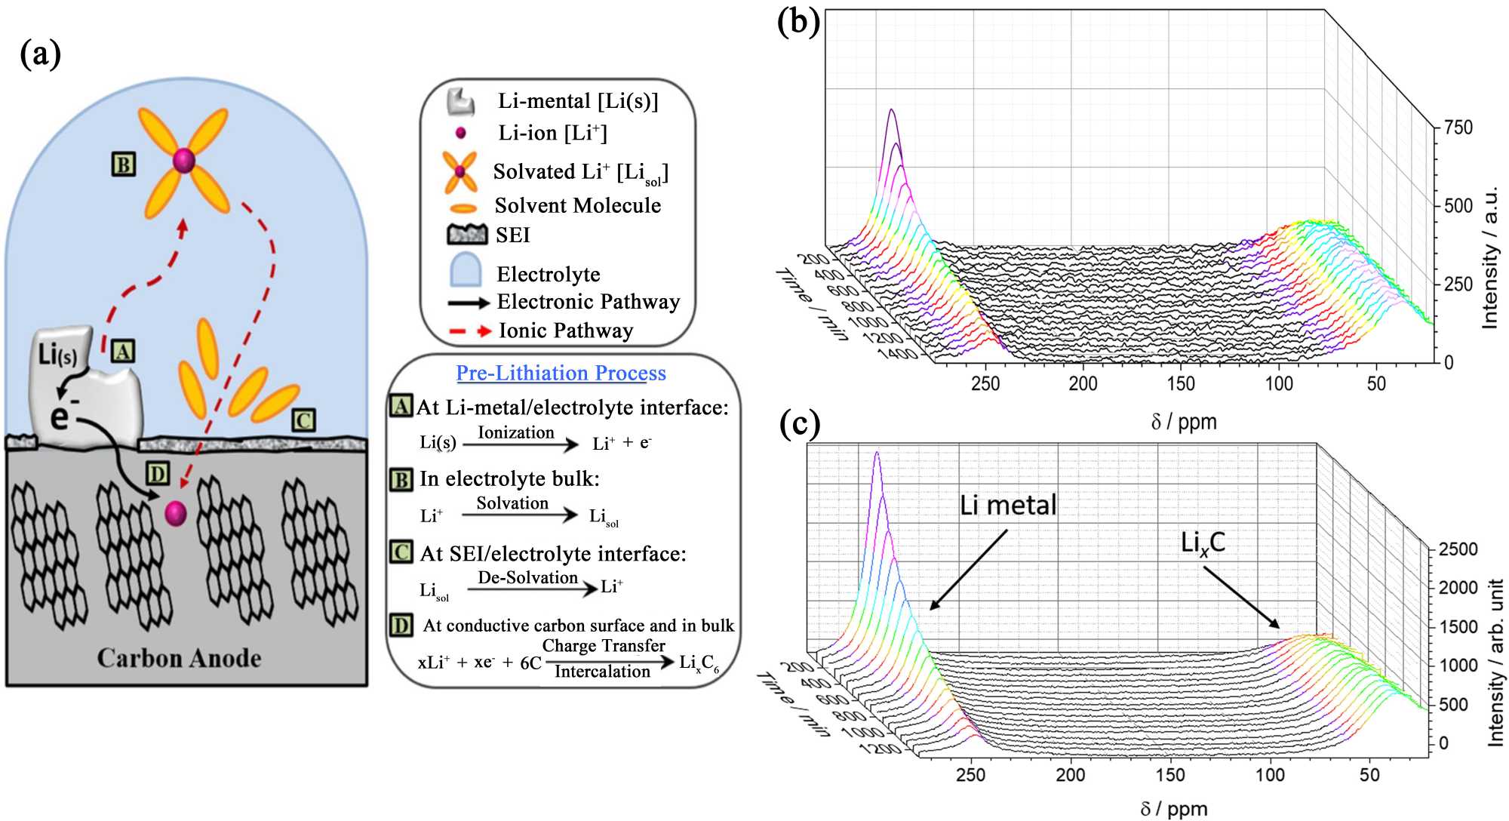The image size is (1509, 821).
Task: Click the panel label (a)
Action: (41, 54)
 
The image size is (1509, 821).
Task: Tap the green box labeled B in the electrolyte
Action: (124, 165)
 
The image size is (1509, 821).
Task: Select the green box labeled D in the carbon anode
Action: (158, 474)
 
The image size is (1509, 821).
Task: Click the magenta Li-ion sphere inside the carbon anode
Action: (176, 513)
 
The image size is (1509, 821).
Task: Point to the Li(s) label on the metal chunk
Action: (57, 354)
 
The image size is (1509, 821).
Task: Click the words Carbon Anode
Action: (179, 658)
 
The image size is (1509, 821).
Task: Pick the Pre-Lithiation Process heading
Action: (561, 373)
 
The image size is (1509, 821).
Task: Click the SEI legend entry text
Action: (513, 235)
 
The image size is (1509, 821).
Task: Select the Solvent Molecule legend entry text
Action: (577, 205)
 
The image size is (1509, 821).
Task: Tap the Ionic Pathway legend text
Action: (566, 331)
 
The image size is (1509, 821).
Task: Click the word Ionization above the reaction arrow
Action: (516, 432)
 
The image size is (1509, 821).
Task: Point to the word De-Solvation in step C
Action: (527, 577)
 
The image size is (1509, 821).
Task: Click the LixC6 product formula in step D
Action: (699, 664)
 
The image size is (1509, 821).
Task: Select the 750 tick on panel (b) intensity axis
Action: (1458, 128)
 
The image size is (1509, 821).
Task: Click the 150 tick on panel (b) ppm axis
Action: (1181, 384)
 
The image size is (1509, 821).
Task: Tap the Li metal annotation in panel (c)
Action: (1007, 505)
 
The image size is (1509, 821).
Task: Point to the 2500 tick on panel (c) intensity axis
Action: (1458, 549)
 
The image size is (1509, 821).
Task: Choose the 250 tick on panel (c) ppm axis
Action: (970, 775)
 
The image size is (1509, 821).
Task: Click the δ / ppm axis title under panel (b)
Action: (1183, 422)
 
